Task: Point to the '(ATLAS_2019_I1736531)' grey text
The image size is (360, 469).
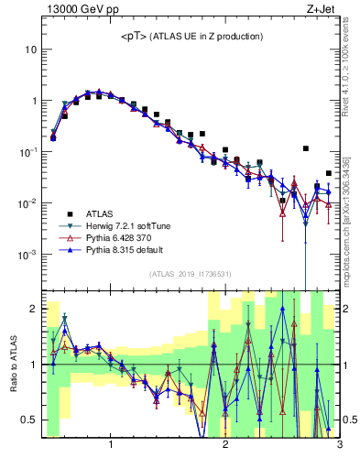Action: click(x=191, y=274)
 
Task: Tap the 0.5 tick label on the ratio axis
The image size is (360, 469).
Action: click(x=28, y=420)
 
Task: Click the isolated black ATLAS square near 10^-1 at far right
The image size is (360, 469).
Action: click(x=306, y=148)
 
